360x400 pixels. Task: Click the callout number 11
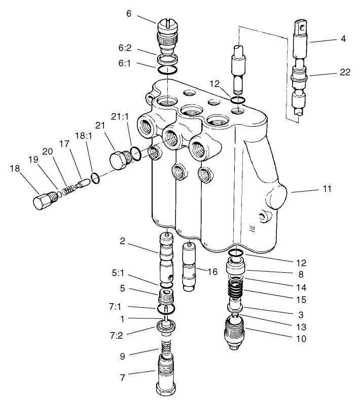327,189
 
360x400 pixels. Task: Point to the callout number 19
33,159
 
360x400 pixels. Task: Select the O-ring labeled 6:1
168,70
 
